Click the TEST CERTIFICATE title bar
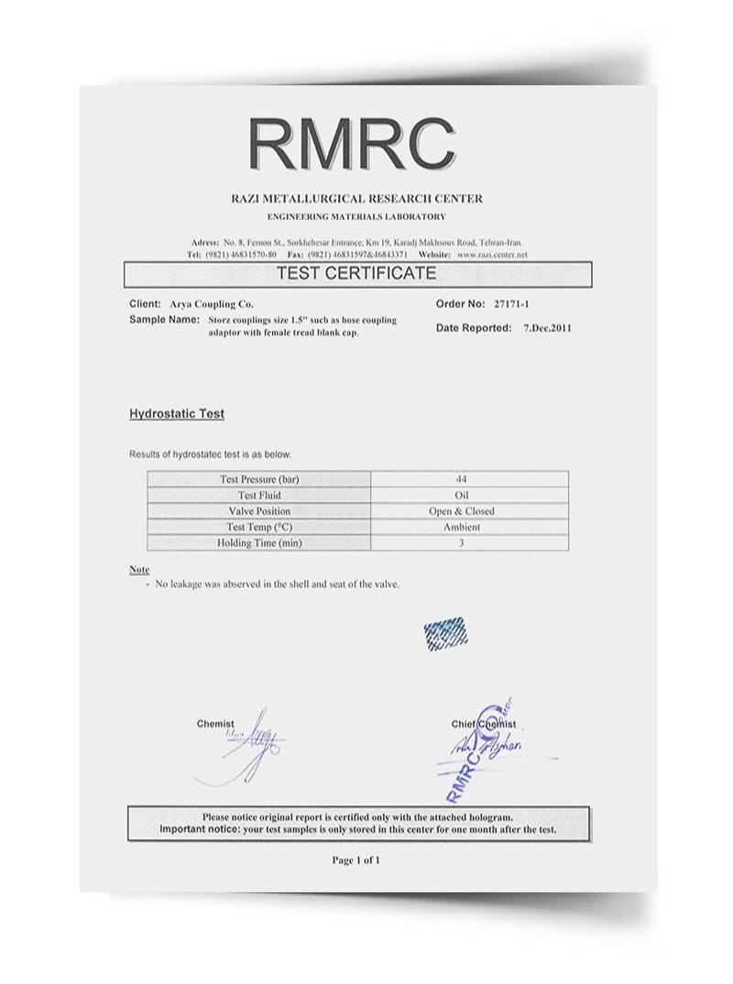[357, 274]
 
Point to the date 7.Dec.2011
[547, 327]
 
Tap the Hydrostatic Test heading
[177, 414]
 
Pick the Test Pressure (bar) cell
[259, 479]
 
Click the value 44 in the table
[461, 479]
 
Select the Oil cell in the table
[461, 496]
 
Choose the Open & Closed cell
[461, 511]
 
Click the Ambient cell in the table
[461, 527]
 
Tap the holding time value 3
[461, 542]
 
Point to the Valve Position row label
[259, 511]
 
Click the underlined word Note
[139, 570]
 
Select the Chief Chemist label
[483, 725]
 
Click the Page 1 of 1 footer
[356, 860]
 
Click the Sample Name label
[164, 320]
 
